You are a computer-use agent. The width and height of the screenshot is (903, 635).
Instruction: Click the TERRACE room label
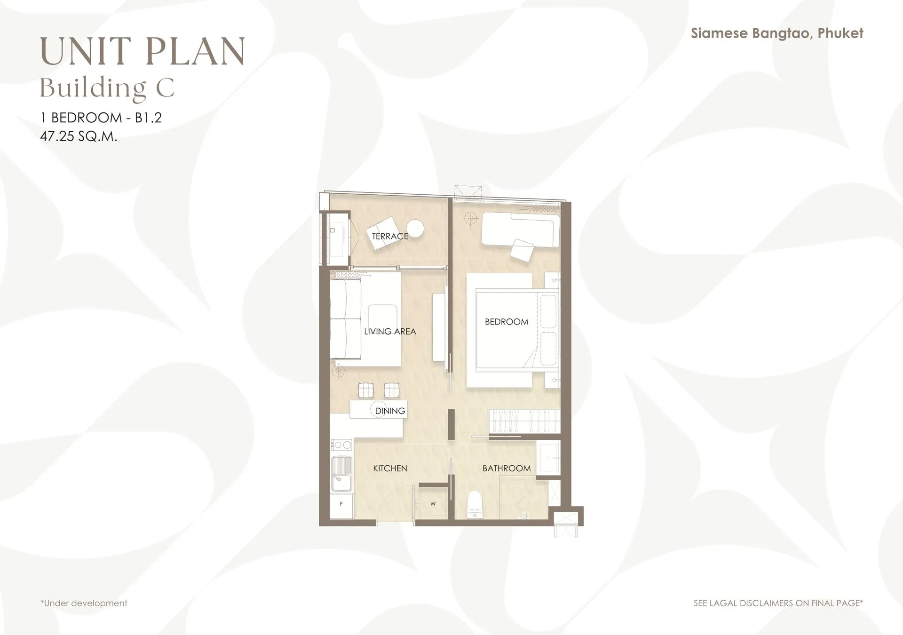click(x=390, y=236)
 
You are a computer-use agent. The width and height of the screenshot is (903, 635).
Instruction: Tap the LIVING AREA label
click(x=390, y=332)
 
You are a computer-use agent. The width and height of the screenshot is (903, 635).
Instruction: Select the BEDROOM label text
click(x=507, y=322)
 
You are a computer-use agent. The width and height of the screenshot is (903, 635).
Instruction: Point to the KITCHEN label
click(x=390, y=468)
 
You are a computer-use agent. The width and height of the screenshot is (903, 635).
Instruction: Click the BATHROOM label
click(x=507, y=468)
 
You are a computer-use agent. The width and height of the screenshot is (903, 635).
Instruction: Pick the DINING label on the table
click(x=390, y=411)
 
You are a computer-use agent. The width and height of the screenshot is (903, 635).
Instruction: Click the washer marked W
click(x=433, y=504)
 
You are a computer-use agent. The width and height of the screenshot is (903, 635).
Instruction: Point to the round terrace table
click(x=415, y=229)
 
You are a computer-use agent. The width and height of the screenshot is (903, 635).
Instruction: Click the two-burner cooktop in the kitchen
click(x=342, y=444)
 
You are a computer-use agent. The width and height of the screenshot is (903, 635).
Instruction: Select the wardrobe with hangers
click(x=525, y=421)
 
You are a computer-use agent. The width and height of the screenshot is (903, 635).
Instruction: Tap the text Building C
click(x=107, y=88)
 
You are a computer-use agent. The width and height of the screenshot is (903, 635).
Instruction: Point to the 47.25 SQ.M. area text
click(x=79, y=136)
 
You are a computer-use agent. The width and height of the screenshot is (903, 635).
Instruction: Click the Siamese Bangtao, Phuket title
click(x=777, y=33)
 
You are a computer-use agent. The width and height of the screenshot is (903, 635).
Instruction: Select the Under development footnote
click(x=84, y=603)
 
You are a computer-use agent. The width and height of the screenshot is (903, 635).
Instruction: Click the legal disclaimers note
click(x=778, y=603)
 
